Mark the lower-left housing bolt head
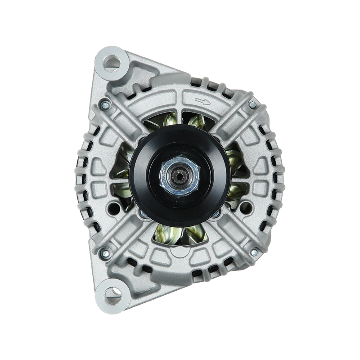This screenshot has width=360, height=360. click(x=105, y=250)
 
